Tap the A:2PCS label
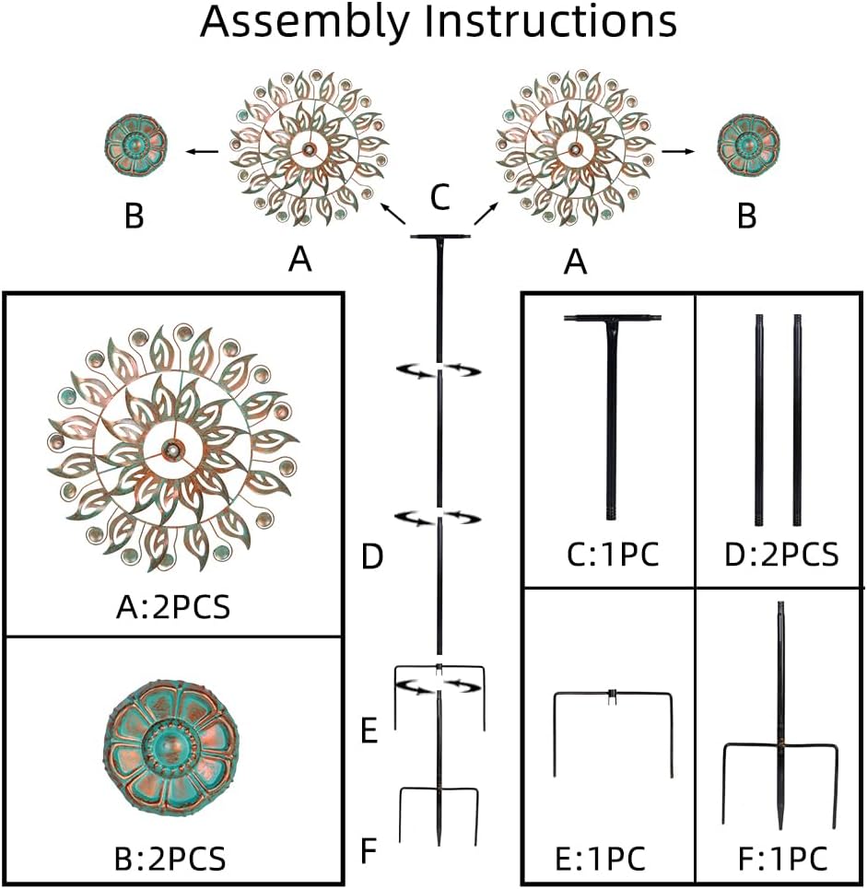pos(173,608)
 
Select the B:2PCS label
pos(170,858)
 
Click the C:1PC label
pos(613,554)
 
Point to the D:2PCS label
pos(781,554)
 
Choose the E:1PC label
pos(601,859)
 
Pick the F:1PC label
pos(783,859)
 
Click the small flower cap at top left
pos(136,146)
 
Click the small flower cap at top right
pos(747,146)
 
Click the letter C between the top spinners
pos(440,197)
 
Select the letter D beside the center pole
pos(372,556)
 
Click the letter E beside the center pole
pos(369,731)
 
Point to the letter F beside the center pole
pos(369,850)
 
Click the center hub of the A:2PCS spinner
pos(171,449)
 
